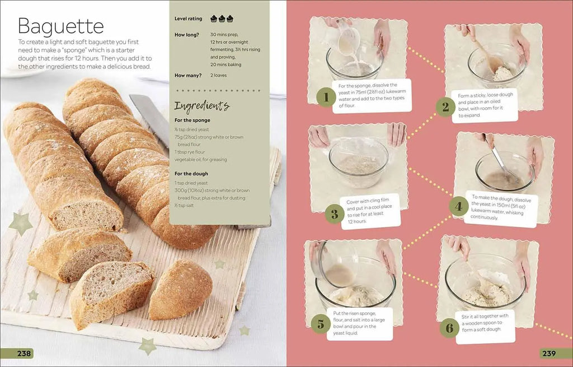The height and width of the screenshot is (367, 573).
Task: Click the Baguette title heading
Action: click(x=60, y=26)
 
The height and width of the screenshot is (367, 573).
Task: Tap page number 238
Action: click(x=24, y=354)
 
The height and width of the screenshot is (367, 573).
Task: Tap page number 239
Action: click(x=549, y=354)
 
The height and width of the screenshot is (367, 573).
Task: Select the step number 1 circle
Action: click(x=326, y=97)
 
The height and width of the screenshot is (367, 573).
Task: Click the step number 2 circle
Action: click(x=445, y=107)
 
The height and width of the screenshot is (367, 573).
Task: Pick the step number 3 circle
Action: click(x=335, y=213)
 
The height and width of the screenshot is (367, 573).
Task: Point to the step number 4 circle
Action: click(x=459, y=206)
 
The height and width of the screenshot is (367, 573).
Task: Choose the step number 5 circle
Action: click(x=321, y=324)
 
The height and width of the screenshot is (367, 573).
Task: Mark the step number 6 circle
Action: click(x=449, y=327)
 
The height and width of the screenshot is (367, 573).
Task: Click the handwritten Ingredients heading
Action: click(x=202, y=106)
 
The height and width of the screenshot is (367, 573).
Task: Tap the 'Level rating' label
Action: click(x=188, y=18)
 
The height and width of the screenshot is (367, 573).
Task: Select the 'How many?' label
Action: click(x=188, y=76)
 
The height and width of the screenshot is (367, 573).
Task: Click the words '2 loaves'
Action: click(x=219, y=76)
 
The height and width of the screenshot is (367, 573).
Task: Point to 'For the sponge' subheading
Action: click(x=192, y=120)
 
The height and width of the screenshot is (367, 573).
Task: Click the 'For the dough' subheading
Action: click(x=191, y=174)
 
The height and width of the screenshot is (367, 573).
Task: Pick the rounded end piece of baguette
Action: click(x=181, y=290)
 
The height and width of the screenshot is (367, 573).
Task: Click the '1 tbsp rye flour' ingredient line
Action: click(x=190, y=152)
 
